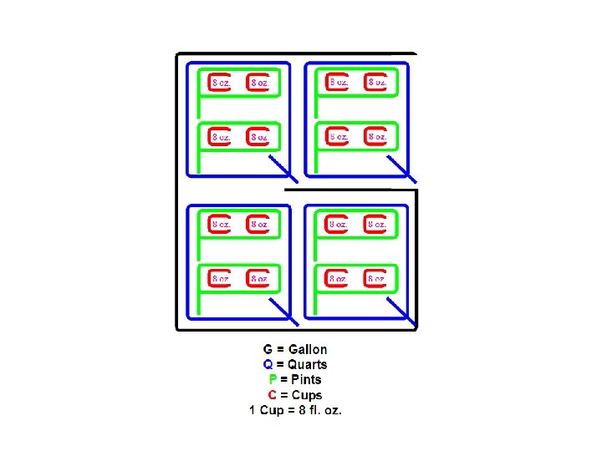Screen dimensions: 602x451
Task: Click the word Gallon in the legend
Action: click(308, 350)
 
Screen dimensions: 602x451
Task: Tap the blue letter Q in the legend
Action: click(268, 365)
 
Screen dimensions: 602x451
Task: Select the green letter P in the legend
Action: click(271, 380)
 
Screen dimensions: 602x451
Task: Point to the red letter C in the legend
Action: click(272, 395)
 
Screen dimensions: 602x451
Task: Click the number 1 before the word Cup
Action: click(253, 410)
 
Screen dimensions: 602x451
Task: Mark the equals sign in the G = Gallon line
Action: click(280, 350)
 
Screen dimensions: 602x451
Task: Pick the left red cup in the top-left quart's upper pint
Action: click(218, 83)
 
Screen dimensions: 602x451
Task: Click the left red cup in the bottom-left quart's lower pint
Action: click(218, 278)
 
